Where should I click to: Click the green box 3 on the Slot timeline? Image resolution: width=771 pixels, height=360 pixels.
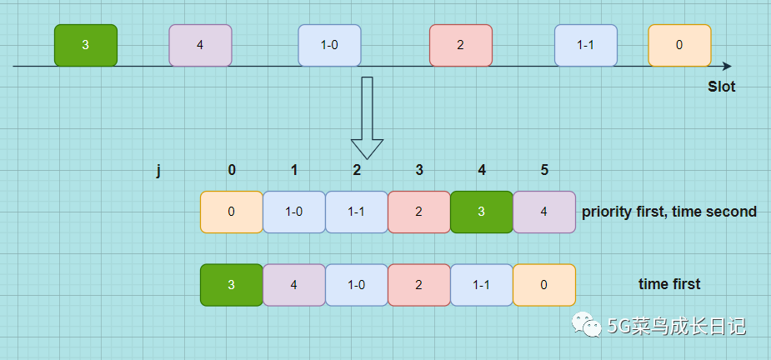coord(86,45)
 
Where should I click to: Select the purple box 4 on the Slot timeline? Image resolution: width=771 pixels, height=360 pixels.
coord(200,45)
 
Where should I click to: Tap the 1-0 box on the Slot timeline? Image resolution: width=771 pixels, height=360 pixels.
coord(329,45)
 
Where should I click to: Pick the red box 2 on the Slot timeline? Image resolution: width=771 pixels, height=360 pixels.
coord(461,45)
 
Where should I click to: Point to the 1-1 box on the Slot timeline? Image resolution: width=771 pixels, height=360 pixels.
coord(586,45)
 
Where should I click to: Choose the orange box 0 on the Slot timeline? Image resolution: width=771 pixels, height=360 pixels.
coord(679,45)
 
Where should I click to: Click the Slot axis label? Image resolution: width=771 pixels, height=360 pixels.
coord(722,87)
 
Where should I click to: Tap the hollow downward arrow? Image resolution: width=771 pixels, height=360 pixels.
coord(367,117)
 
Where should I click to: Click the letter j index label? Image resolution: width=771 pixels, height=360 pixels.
coord(158,171)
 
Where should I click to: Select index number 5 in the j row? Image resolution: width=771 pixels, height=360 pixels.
coord(544,171)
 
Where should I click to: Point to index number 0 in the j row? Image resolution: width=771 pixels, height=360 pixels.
coord(232,171)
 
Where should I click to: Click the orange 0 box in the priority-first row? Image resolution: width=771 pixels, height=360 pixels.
coord(232,212)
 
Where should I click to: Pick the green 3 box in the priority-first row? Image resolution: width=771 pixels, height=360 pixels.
coord(482,212)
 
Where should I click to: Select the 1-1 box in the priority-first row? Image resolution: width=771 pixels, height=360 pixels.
coord(357,212)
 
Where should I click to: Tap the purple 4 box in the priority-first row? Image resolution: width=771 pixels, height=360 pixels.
coord(544,212)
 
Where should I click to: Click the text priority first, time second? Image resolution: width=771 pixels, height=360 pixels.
coord(669,212)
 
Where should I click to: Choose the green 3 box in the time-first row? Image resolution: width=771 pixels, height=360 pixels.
coord(232,284)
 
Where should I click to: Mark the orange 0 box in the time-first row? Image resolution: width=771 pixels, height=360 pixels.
coord(544,284)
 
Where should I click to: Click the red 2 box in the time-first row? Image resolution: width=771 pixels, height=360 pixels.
coord(419,284)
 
